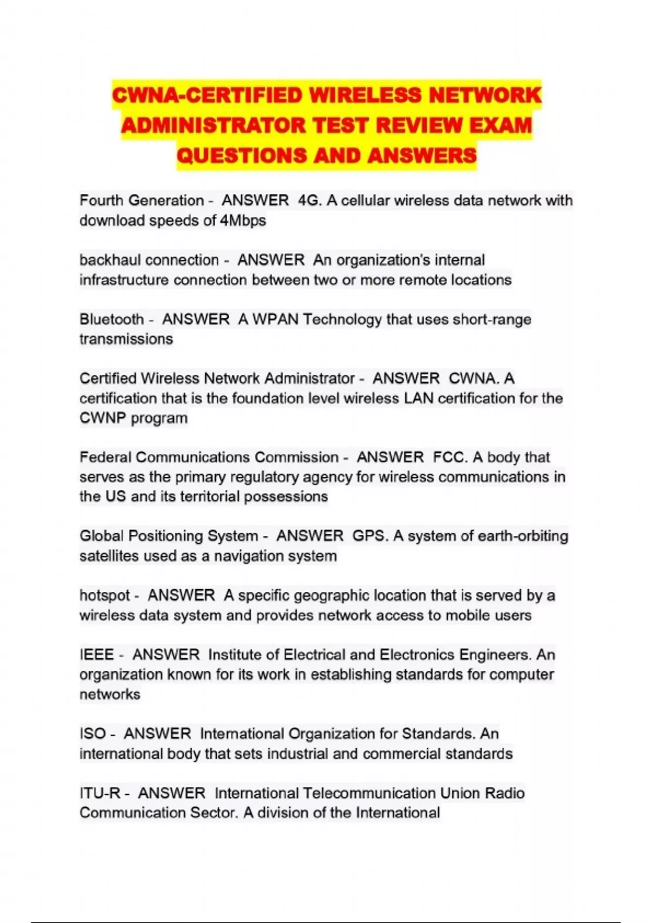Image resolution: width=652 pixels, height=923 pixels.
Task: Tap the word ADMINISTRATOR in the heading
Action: coord(213,126)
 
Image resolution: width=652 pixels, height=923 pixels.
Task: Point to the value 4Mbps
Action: coord(243,220)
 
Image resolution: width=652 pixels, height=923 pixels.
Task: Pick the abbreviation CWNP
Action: coord(103,418)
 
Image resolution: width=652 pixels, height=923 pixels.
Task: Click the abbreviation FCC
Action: coord(449,457)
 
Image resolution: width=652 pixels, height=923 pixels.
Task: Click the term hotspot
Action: coord(104,595)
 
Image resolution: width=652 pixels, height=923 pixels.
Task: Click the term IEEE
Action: coord(97,654)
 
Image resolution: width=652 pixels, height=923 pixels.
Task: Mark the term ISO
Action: coord(92,734)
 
